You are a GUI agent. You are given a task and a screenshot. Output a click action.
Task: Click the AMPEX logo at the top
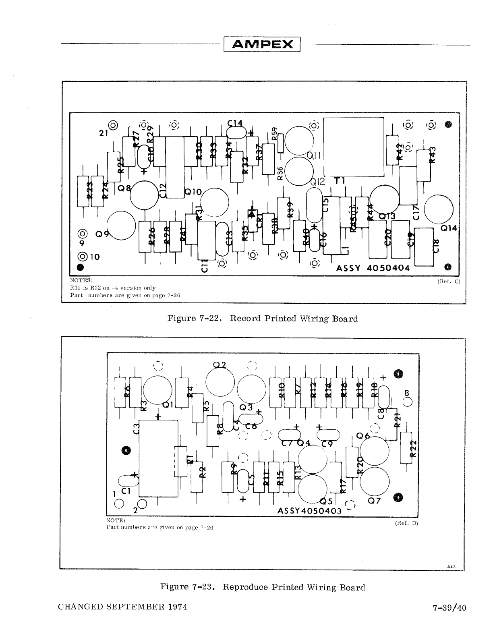tap(262, 44)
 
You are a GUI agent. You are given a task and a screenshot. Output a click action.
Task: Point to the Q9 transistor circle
tap(120, 226)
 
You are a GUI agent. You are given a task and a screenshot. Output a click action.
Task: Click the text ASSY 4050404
tap(373, 268)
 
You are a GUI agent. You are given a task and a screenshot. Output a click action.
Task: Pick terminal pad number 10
tap(83, 257)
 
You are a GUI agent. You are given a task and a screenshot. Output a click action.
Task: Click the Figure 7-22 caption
tap(262, 319)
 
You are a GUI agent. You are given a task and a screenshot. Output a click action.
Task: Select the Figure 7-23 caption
tap(262, 587)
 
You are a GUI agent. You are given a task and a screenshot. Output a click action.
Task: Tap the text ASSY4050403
tap(309, 511)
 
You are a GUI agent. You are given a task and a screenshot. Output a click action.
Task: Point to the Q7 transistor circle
tap(375, 482)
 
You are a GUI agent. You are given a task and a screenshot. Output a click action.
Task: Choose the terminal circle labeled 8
tap(408, 402)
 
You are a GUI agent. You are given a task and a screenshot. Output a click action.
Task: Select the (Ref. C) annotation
tap(448, 281)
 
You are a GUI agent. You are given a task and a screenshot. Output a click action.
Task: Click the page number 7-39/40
tap(448, 607)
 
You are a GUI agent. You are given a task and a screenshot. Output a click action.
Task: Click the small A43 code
tap(451, 567)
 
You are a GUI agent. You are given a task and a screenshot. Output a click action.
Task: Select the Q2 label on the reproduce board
tap(219, 365)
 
